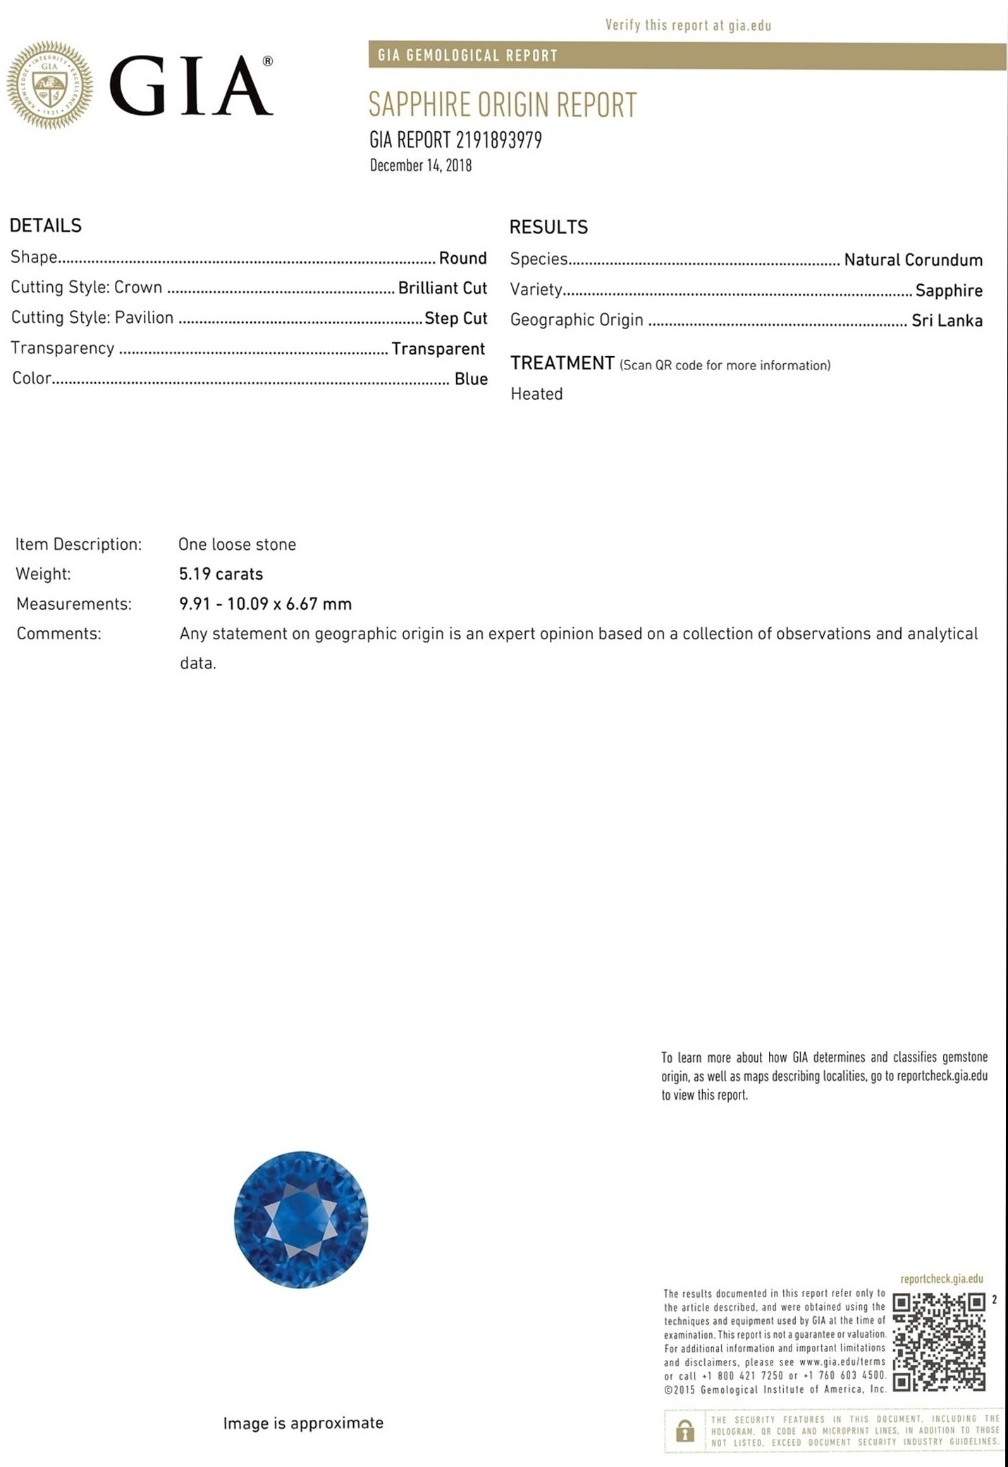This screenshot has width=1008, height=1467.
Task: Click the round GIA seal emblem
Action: (x=49, y=85)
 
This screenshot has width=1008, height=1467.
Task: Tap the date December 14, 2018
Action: (x=421, y=166)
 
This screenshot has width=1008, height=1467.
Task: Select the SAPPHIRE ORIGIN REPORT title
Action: (x=502, y=105)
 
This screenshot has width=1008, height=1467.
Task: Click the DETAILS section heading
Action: (x=46, y=226)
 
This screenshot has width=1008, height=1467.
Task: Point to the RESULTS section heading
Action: (x=548, y=227)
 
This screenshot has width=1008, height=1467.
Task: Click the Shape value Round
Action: (x=462, y=258)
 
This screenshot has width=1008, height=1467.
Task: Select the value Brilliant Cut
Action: (x=442, y=288)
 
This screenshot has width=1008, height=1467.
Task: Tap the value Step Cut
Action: (x=455, y=318)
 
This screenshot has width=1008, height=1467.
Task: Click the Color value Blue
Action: (x=471, y=379)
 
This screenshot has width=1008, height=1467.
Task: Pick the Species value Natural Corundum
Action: (x=913, y=260)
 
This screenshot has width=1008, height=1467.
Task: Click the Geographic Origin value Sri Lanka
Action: (x=947, y=321)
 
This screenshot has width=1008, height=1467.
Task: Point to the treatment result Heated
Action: (x=536, y=394)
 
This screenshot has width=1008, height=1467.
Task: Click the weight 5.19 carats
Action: (x=221, y=574)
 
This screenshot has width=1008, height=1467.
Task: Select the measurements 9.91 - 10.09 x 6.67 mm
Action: (x=265, y=604)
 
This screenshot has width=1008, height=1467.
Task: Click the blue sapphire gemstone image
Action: (x=301, y=1219)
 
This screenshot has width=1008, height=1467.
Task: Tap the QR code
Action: (x=939, y=1342)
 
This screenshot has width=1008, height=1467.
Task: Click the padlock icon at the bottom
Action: (x=684, y=1430)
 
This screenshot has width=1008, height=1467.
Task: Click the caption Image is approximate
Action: (x=303, y=1423)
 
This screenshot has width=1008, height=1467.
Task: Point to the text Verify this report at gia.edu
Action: (x=688, y=26)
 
